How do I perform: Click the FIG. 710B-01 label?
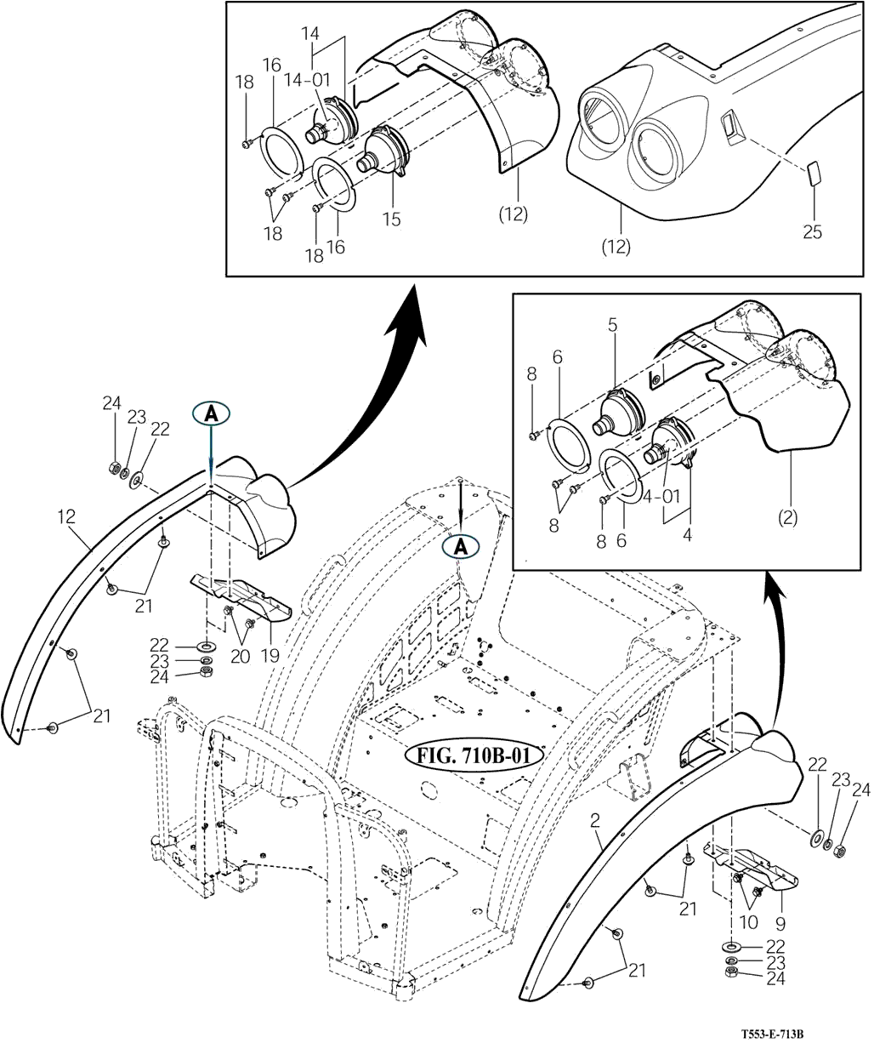468,755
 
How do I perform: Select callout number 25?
812,231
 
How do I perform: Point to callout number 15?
390,219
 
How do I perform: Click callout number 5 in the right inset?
611,324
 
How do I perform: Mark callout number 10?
748,922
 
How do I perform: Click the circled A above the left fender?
210,414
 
